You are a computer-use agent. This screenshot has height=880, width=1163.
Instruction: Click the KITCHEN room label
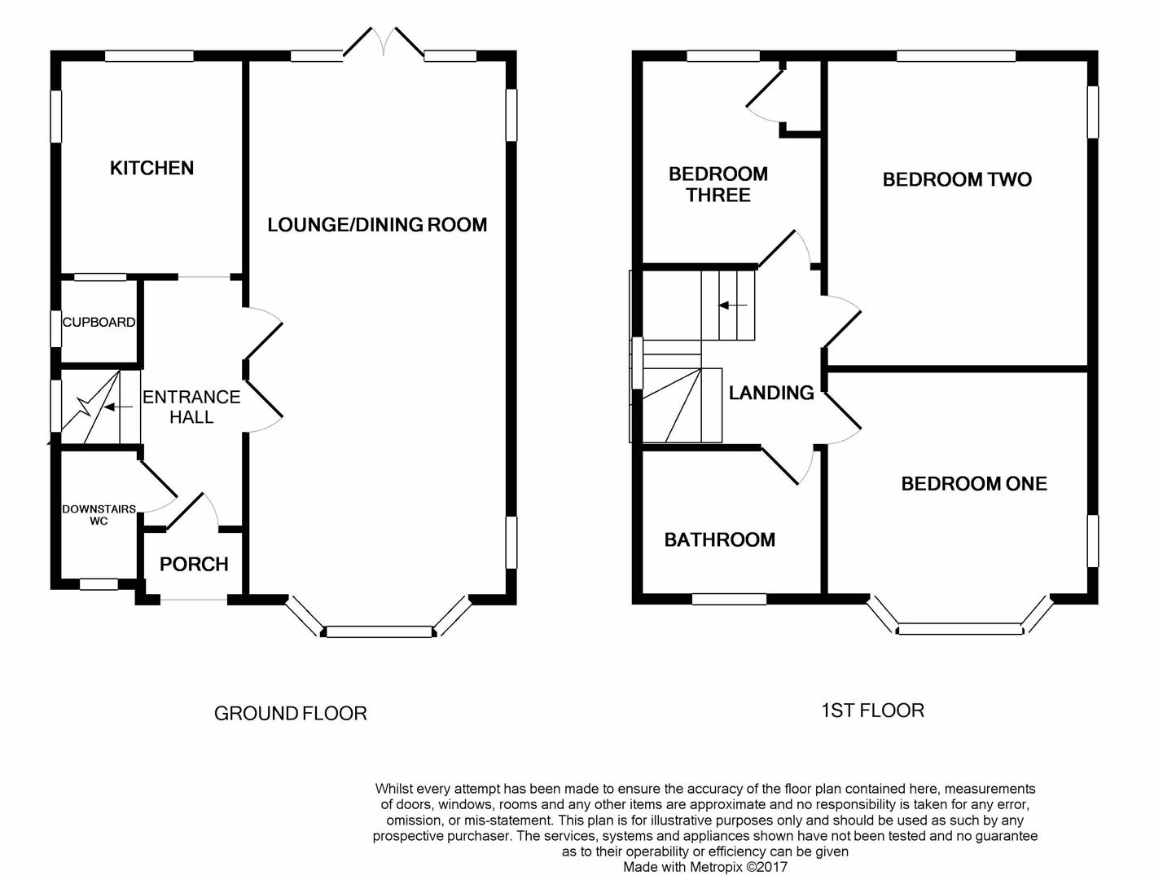pyautogui.click(x=151, y=168)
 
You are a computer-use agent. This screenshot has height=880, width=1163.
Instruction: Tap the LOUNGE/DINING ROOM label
pyautogui.click(x=377, y=225)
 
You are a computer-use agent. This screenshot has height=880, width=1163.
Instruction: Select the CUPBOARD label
pyautogui.click(x=99, y=323)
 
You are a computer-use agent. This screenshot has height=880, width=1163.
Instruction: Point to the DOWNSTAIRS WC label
pyautogui.click(x=99, y=515)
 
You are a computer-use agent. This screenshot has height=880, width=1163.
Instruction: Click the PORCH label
pyautogui.click(x=194, y=564)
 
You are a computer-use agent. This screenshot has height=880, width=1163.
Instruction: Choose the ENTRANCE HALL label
pyautogui.click(x=191, y=407)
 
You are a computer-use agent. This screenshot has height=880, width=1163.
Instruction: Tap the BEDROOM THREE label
pyautogui.click(x=718, y=184)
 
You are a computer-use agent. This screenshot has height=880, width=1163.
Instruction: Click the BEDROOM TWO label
pyautogui.click(x=957, y=180)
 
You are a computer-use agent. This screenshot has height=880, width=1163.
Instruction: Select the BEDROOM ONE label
pyautogui.click(x=974, y=483)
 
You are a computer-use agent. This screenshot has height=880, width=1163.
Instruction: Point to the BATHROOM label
pyautogui.click(x=719, y=539)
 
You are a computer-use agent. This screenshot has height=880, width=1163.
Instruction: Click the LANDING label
pyautogui.click(x=771, y=393)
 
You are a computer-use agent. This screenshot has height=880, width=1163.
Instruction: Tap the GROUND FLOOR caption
pyautogui.click(x=291, y=714)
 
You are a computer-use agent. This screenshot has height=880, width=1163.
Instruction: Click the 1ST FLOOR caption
pyautogui.click(x=872, y=711)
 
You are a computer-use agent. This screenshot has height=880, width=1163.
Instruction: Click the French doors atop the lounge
pyautogui.click(x=384, y=42)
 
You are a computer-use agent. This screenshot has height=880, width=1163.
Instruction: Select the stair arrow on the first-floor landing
pyautogui.click(x=733, y=306)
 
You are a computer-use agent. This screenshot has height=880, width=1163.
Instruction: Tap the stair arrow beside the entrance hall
pyautogui.click(x=118, y=407)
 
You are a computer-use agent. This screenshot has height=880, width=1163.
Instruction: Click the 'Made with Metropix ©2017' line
pyautogui.click(x=705, y=867)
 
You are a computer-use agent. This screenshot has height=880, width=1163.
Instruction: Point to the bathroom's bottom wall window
pyautogui.click(x=729, y=599)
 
